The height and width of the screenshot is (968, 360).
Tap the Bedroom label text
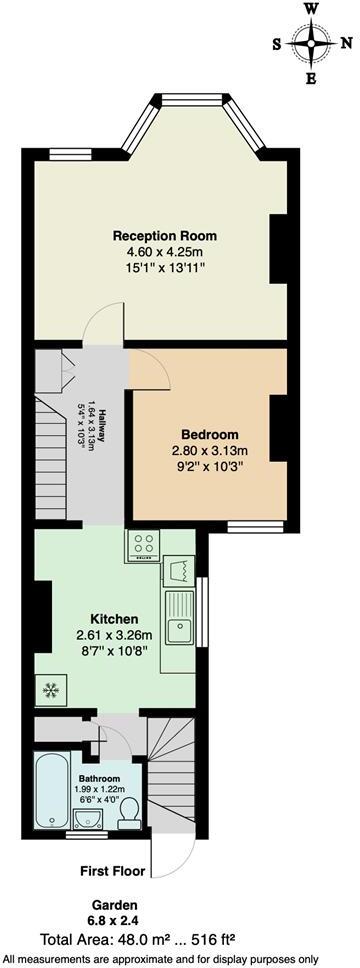210,434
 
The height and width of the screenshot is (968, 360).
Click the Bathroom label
100,779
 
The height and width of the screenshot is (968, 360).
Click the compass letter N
345,43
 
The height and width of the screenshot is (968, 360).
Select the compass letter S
277,43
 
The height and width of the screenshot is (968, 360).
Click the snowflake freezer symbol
48,688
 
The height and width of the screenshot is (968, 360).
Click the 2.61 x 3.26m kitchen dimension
114,635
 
